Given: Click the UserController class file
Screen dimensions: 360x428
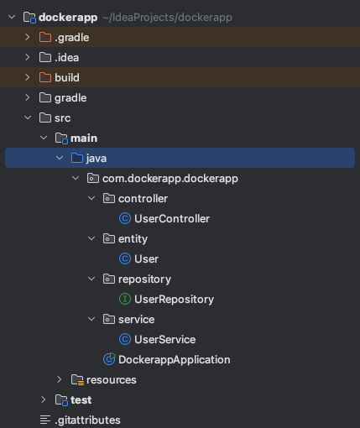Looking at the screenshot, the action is coord(172,219).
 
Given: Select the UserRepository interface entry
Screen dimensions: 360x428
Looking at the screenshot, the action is coord(174,300).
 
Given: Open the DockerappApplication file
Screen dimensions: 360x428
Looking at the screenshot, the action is coord(175,360).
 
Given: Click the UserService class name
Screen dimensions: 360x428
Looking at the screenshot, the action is coord(165,340).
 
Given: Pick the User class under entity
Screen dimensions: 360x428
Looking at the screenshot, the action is coord(146,259).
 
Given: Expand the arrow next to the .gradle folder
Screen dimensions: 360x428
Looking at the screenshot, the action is coord(28,37).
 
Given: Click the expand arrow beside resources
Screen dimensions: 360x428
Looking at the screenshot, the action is coord(60,379).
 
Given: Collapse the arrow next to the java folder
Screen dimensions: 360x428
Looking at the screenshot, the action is coord(60,158).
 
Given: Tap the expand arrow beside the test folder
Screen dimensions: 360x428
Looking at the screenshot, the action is coord(44,399).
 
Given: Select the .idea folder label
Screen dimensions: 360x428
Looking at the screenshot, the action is coord(67,58).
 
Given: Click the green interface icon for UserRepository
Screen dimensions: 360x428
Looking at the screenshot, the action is coord(125,299).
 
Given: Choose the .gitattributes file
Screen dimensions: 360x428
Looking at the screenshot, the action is coord(87,420).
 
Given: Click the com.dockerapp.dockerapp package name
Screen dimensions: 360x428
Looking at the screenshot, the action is coord(170,179).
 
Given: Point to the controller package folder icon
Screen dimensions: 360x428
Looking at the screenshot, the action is coord(109,199).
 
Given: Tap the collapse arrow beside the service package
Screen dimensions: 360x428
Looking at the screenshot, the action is coord(91,319).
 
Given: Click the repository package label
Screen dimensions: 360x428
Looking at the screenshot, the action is coord(144,279).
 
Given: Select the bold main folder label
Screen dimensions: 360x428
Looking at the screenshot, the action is coord(84,138).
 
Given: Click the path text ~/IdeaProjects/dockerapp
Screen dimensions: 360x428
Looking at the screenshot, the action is coord(167,18).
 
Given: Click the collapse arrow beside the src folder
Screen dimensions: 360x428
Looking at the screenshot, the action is coord(28,117).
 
